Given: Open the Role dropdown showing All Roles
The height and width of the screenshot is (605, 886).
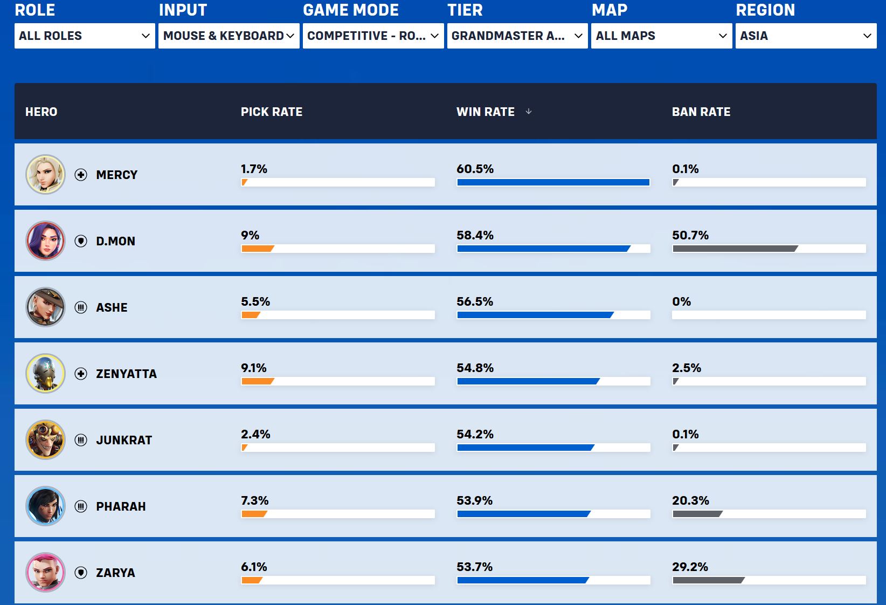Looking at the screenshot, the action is (85, 36).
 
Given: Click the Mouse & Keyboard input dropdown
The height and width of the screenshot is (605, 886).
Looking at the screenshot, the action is (229, 36).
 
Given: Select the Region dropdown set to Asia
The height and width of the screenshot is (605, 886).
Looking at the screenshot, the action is (806, 36).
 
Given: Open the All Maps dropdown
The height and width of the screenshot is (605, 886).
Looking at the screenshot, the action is (661, 36).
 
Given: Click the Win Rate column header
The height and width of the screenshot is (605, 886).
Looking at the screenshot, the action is (486, 112).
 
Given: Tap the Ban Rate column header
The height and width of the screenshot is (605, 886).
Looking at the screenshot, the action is (701, 112).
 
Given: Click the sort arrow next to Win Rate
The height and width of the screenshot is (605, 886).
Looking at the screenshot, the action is (529, 112).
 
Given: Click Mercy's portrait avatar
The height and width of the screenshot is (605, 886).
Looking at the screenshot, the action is (45, 175).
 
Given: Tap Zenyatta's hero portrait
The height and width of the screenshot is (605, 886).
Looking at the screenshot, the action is (45, 374).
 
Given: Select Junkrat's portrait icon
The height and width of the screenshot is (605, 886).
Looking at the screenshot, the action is (45, 439).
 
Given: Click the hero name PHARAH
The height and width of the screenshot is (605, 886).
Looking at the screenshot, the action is (121, 506).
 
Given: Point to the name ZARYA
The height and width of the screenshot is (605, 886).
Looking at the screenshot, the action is (115, 573).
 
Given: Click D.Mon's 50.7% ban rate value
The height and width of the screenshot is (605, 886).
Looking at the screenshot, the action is (690, 236).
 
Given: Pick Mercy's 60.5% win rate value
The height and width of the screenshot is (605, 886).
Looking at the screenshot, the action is (475, 169).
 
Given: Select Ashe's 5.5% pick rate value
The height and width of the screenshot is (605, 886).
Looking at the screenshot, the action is (255, 301).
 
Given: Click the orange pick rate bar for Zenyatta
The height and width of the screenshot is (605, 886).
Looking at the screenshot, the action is (258, 381).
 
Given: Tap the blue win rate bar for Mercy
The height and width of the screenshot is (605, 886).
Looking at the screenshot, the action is (553, 182).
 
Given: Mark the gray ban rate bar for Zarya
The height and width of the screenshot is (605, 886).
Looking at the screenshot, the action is (708, 580).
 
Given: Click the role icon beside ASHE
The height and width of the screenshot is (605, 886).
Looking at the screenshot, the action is (81, 307).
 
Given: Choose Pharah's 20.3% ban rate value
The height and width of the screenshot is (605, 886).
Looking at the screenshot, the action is (690, 500).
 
